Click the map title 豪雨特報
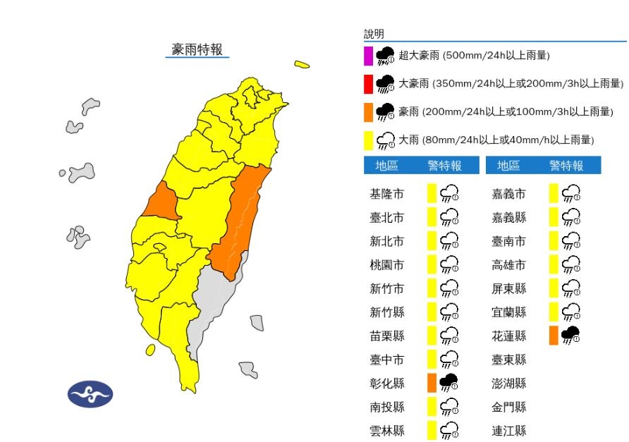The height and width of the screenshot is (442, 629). click(197, 49)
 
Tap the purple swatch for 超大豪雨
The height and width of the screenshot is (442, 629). click(368, 55)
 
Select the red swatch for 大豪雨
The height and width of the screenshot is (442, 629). click(368, 84)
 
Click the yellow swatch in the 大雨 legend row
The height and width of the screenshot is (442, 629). click(368, 140)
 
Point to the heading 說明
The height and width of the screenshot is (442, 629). click(374, 34)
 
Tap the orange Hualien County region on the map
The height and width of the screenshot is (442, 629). click(243, 219)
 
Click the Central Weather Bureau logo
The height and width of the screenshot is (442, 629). click(90, 393)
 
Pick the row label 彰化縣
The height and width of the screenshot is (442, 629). click(387, 383)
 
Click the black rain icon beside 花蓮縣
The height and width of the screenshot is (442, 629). click(570, 336)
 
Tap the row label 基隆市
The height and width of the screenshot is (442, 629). click(387, 194)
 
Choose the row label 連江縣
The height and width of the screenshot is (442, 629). click(509, 430)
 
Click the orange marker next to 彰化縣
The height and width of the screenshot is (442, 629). click(432, 383)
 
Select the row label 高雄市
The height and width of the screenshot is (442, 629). click(509, 265)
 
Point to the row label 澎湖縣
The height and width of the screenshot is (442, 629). click(509, 383)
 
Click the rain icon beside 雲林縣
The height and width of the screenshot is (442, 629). click(448, 430)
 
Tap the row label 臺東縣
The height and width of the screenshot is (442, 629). click(509, 360)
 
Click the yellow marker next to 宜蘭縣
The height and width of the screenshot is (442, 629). click(554, 312)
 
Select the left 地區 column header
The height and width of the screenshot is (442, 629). click(386, 166)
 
